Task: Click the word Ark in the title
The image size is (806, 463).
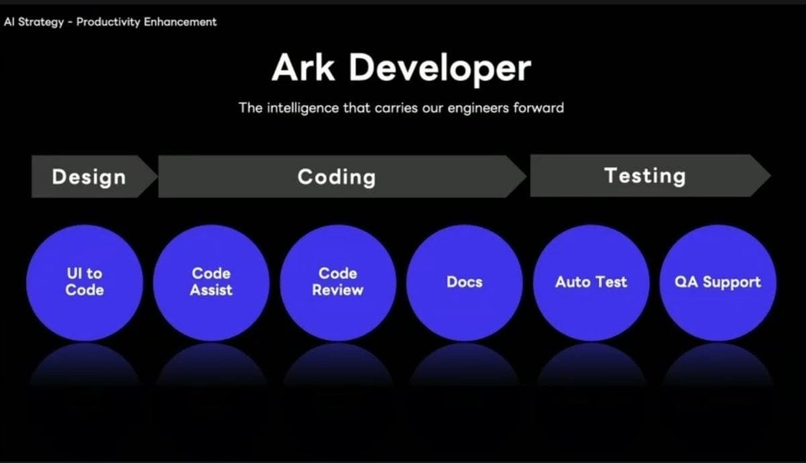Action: [304, 68]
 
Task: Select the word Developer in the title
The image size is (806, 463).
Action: [440, 70]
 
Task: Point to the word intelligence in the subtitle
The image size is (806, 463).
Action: [303, 109]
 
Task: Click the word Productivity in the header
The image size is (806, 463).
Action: [108, 22]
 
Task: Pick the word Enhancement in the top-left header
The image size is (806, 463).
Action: [180, 22]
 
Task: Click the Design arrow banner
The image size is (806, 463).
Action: [95, 176]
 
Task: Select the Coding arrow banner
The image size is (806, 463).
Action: [342, 176]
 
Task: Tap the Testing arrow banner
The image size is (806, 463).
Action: [651, 176]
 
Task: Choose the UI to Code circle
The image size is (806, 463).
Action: [85, 283]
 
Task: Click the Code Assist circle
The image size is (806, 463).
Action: [211, 283]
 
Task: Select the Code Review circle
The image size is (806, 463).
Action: [338, 283]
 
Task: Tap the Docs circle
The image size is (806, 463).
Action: [465, 283]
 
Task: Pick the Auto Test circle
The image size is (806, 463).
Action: [591, 283]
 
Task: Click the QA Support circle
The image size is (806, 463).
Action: [718, 283]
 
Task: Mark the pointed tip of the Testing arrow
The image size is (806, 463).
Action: [771, 176]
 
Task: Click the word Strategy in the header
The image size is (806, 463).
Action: [41, 22]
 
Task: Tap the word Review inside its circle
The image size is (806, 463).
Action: [337, 290]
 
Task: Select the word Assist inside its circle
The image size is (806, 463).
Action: [211, 290]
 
